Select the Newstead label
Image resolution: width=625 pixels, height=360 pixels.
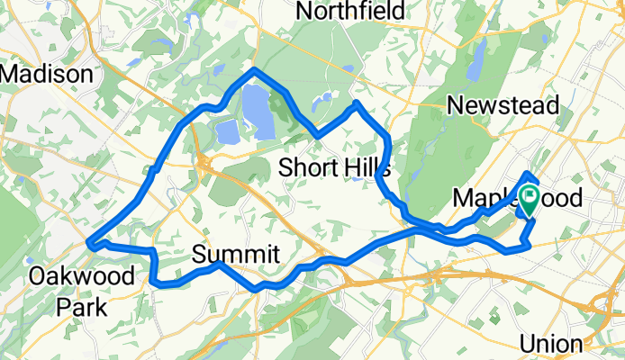pos(503,104)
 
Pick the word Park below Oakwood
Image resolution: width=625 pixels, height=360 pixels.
pos(81,307)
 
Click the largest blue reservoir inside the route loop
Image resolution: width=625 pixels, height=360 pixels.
pos(258,111)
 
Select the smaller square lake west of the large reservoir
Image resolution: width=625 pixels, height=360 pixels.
pos(226,132)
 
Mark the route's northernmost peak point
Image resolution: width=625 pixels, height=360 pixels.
pos(255,69)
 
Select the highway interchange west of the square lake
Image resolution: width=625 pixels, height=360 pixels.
pos(205,162)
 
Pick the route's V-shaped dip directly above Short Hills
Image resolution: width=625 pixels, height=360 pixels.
pos(317,136)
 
